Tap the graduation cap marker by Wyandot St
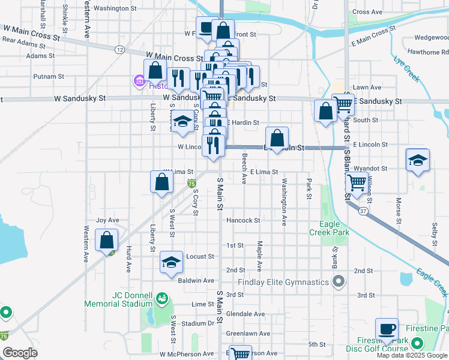click(x=418, y=160)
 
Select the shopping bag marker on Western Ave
click(x=106, y=240)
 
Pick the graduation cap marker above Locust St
click(x=172, y=262)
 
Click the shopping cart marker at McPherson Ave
click(x=240, y=354)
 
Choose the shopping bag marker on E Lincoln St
click(x=277, y=138)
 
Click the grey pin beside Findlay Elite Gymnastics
click(x=339, y=281)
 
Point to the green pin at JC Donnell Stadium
click(x=161, y=298)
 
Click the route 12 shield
click(x=121, y=49)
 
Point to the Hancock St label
click(x=243, y=221)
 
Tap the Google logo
click(x=20, y=353)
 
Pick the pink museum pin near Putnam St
click(x=139, y=80)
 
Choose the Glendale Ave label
click(x=246, y=314)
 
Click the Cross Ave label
click(x=367, y=12)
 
